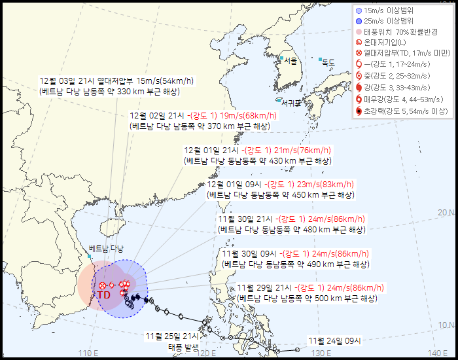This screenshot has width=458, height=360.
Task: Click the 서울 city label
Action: tap(291, 61)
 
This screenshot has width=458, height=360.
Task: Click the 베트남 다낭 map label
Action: tap(106, 248)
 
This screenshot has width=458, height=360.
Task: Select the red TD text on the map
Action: tap(104, 295)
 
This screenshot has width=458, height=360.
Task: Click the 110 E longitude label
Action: tap(88, 353)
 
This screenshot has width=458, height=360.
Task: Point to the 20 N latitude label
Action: tap(446, 213)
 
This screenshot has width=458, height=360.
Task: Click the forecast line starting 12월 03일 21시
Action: tap(116, 81)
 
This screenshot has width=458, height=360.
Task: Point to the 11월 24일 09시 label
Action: tap(335, 340)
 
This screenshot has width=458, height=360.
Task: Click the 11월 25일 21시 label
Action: tap(172, 336)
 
